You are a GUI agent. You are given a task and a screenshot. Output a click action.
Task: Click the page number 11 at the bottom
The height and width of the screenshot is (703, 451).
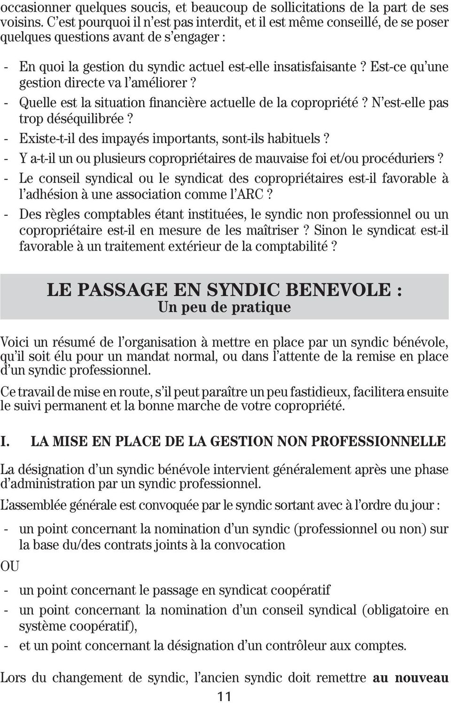[225, 696]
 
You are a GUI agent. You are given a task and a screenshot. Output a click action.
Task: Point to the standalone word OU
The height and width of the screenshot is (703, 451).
[10, 567]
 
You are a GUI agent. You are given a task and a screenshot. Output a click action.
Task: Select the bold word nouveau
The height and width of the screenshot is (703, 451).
[421, 678]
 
